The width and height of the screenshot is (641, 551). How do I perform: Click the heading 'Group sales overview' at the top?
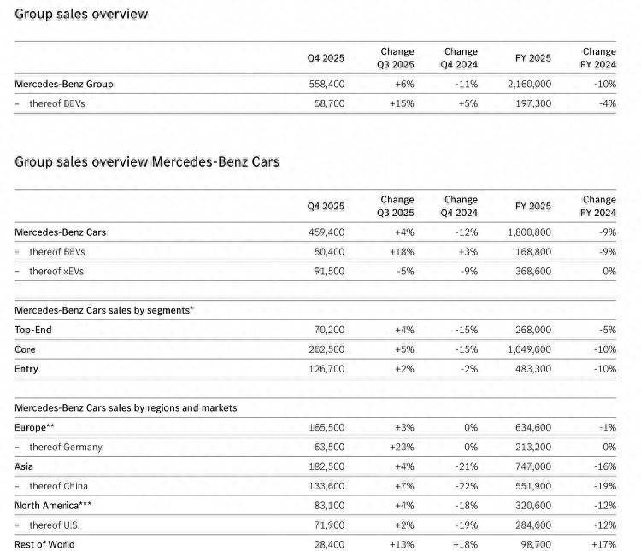(81, 14)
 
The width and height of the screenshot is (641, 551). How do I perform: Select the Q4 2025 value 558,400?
(326, 85)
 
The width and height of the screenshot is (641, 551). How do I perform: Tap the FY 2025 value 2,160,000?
(529, 85)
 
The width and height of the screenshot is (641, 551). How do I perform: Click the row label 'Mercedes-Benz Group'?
(64, 85)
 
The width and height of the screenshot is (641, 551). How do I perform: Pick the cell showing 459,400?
(326, 232)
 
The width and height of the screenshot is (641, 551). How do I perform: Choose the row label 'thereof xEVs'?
(56, 272)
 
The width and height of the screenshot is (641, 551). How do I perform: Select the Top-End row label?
(34, 330)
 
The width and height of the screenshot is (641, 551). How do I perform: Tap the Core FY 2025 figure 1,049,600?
(529, 349)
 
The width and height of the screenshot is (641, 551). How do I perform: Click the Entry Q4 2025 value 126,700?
(326, 369)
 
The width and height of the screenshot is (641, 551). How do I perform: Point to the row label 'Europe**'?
(35, 427)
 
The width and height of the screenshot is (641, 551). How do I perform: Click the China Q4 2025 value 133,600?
(326, 486)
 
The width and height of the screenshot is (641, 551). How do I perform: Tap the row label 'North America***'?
(53, 506)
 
